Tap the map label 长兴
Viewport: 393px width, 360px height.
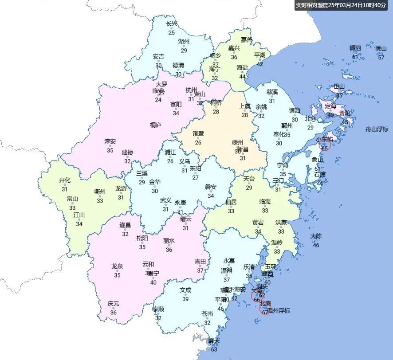(171, 24)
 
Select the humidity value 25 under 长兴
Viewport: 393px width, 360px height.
(171, 32)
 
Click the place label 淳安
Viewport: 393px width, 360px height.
(110, 141)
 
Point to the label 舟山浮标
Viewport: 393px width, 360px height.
(377, 129)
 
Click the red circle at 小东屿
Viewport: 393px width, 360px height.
(325, 145)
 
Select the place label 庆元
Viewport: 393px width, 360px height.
(114, 304)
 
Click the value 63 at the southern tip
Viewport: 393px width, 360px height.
(214, 349)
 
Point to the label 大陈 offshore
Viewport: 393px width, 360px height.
(316, 236)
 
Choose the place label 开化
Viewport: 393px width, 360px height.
(65, 180)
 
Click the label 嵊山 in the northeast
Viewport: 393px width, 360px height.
(381, 48)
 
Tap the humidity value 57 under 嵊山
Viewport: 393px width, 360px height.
(381, 57)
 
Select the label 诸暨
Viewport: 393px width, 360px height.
(198, 133)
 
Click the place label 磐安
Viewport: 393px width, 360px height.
(211, 187)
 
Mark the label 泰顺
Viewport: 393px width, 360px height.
(158, 309)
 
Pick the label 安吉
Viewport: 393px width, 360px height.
(158, 56)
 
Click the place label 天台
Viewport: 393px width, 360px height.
(249, 179)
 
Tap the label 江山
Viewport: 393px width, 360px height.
(79, 215)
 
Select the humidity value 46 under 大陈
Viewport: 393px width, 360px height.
(316, 245)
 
